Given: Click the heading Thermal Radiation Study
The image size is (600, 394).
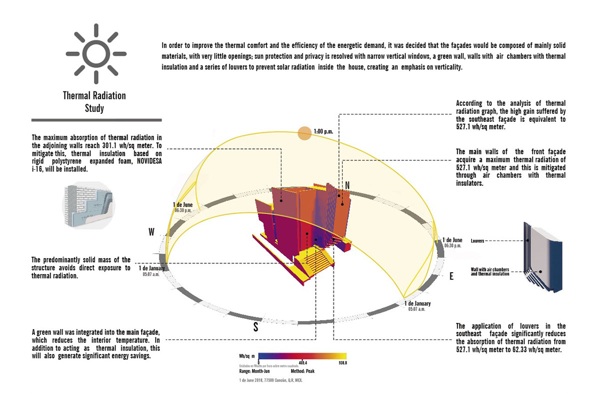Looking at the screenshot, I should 94,101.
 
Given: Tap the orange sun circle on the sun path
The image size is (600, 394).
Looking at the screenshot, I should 304,133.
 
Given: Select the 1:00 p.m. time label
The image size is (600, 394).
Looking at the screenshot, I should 323,133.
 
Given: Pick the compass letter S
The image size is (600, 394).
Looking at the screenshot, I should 256,328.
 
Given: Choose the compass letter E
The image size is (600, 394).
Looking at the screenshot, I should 451,276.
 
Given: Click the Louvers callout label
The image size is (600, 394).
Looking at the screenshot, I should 479,241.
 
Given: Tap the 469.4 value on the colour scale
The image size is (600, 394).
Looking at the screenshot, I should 302,363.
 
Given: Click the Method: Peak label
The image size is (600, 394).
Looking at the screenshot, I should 302,372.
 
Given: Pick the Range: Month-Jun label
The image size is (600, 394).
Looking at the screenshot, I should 255,372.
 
